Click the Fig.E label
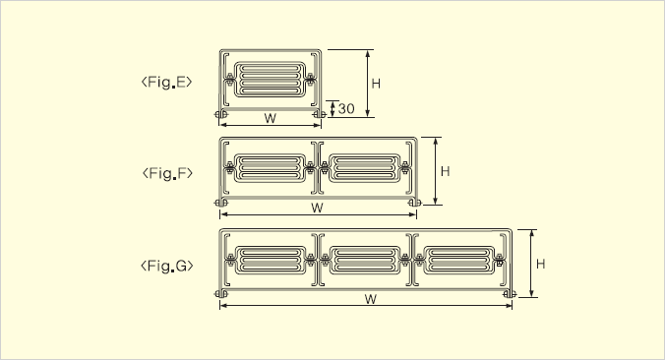click(166, 82)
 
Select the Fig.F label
click(167, 173)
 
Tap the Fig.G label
click(167, 266)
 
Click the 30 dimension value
click(346, 109)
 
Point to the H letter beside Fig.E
click(376, 84)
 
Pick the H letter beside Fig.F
click(445, 171)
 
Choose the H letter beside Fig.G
click(540, 264)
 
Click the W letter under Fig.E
click(271, 118)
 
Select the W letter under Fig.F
click(317, 208)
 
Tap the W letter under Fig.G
click(371, 299)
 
